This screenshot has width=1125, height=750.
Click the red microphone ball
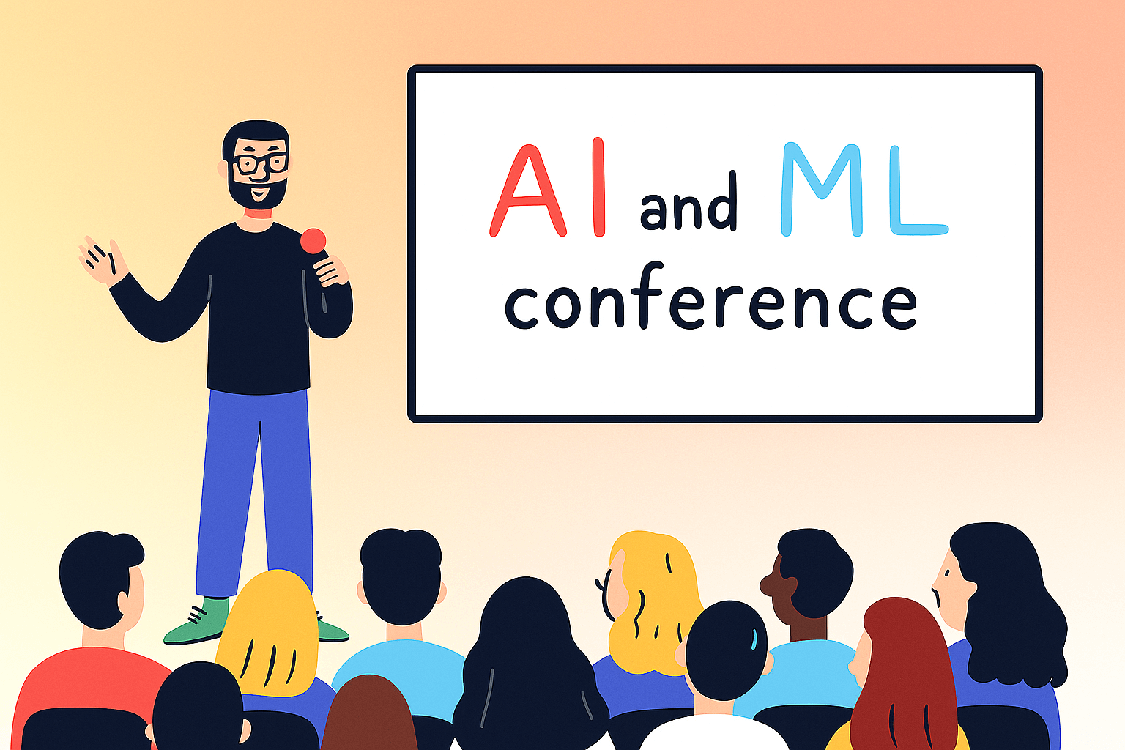pyautogui.click(x=313, y=240)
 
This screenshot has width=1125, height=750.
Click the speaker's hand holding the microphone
pyautogui.click(x=331, y=272)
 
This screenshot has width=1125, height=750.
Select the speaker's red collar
pyautogui.click(x=258, y=214)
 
